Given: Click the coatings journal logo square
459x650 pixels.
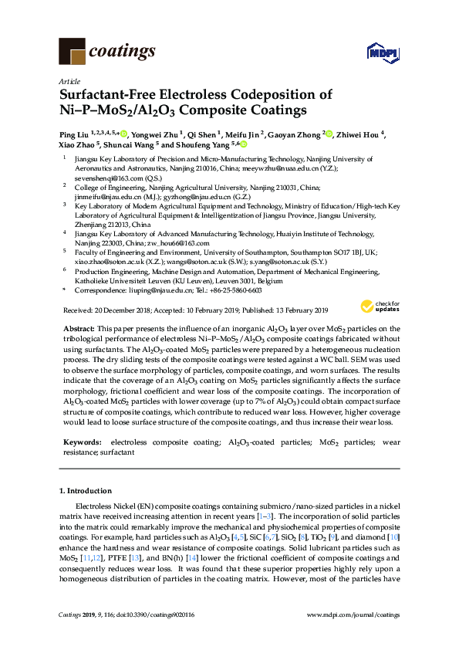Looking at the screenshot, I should tap(72, 52).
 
